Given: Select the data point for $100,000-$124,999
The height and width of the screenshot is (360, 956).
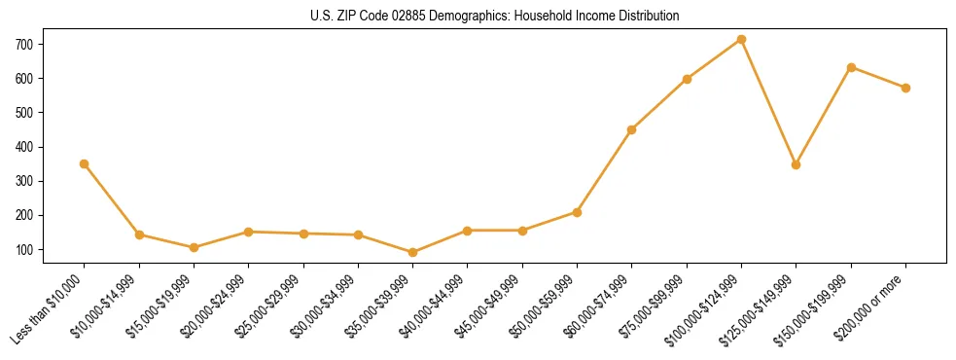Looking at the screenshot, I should [741, 39].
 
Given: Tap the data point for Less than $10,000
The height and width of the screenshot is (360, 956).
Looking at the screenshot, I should [85, 163].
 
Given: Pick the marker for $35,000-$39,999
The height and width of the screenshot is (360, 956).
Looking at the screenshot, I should [413, 252].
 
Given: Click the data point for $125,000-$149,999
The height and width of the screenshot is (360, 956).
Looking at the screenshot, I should [797, 164].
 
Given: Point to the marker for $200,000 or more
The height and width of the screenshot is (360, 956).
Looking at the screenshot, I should [905, 88].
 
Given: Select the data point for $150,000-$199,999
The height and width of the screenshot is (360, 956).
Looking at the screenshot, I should [851, 67].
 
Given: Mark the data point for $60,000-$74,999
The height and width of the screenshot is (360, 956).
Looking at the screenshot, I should [632, 129].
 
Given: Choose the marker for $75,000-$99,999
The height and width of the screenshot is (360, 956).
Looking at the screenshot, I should [687, 79].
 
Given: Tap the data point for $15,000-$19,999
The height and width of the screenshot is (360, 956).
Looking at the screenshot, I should [194, 247].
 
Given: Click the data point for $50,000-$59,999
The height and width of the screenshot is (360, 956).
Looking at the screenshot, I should [577, 212].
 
